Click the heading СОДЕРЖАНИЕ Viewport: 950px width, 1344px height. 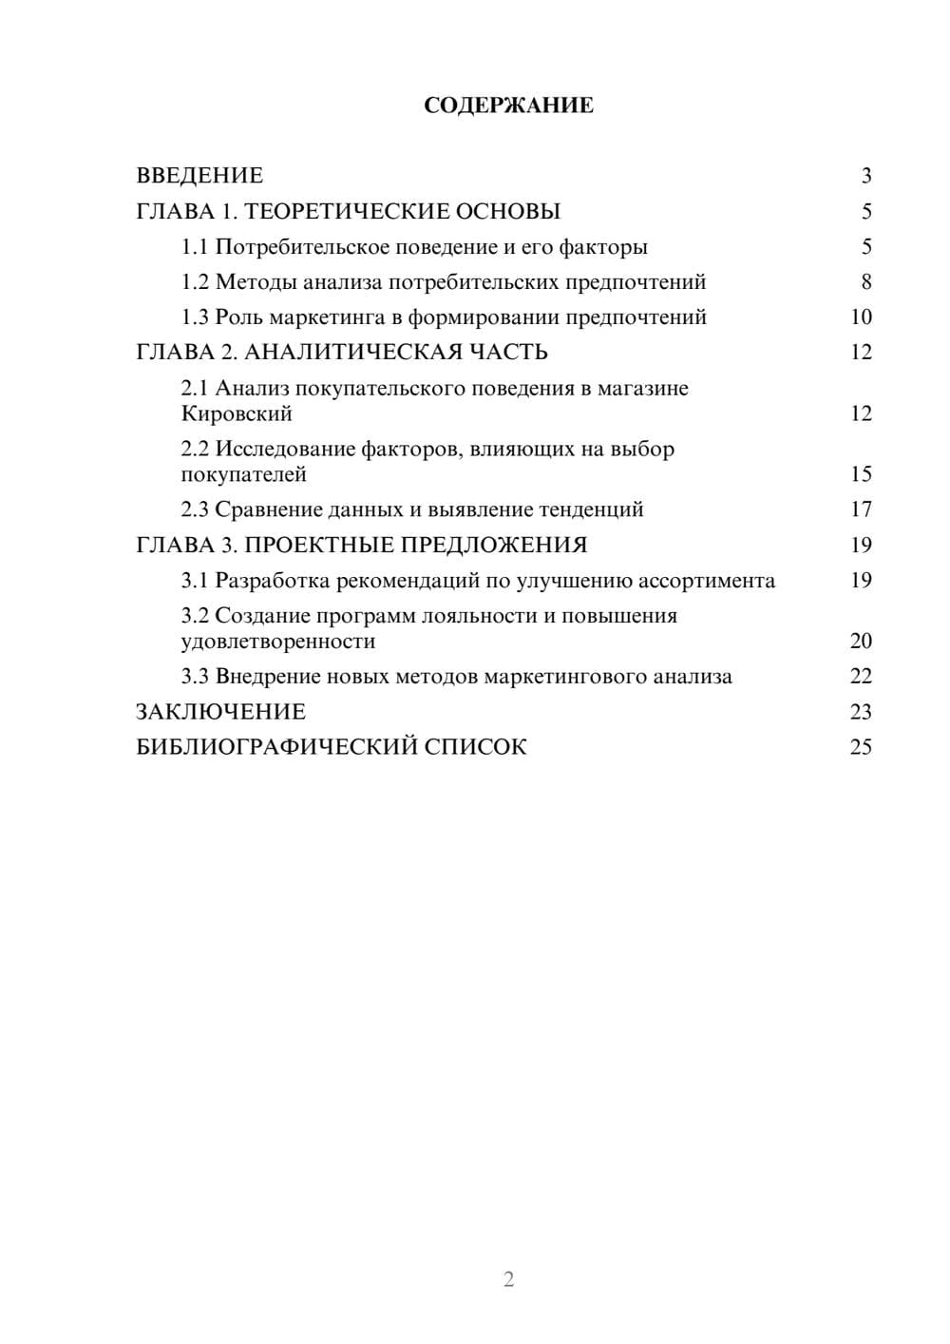point(508,106)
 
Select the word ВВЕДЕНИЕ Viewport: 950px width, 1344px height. point(199,176)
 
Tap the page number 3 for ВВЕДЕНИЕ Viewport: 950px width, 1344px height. point(865,176)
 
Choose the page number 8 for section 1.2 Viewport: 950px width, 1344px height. point(865,282)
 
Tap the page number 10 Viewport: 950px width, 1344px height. point(861,317)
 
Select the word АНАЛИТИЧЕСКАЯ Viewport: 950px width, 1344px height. point(348,353)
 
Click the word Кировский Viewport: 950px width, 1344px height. point(237,414)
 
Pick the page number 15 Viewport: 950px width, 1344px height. point(861,474)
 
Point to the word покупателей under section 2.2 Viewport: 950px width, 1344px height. point(243,474)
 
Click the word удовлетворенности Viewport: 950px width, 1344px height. point(278,642)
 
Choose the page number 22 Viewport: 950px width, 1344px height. point(861,677)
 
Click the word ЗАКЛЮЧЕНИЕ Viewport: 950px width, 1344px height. point(221,712)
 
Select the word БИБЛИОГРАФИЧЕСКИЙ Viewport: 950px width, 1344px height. point(275,747)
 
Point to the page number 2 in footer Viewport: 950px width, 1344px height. point(508,1279)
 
